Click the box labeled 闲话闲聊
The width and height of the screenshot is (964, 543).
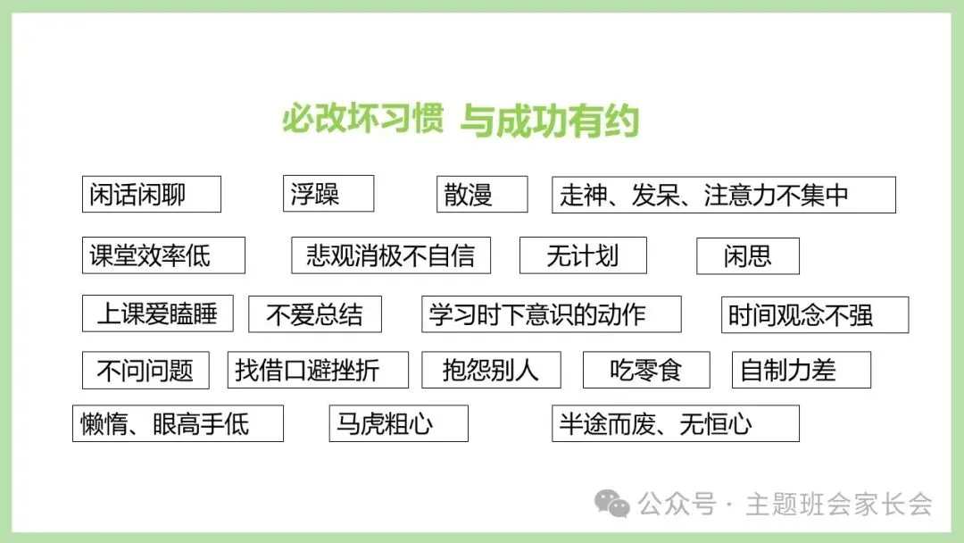coord(151,195)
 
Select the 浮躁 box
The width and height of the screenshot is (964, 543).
coord(328,194)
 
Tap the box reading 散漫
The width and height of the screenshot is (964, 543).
coord(481,195)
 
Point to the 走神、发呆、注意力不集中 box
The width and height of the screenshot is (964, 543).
coord(723,195)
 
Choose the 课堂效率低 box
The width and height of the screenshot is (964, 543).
coord(163,255)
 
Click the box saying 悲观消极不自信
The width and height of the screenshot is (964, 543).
coord(391,255)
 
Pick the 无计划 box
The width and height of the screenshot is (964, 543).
coord(583,255)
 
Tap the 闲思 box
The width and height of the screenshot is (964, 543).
coord(747,256)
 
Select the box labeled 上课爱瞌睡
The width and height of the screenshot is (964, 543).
coord(157,313)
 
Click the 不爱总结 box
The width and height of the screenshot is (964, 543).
coord(315,314)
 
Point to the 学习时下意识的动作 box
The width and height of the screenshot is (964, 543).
coord(551,314)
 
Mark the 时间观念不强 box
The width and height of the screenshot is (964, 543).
coord(814,315)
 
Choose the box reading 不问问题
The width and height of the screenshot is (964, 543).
coord(145,371)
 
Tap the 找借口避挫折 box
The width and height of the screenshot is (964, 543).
coord(318,370)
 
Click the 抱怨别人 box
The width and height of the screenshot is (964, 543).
coord(491,370)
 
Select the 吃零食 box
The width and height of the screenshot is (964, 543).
coord(646,370)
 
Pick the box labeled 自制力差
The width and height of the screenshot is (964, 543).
coord(801,370)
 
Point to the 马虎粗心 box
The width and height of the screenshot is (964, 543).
coord(398,423)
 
